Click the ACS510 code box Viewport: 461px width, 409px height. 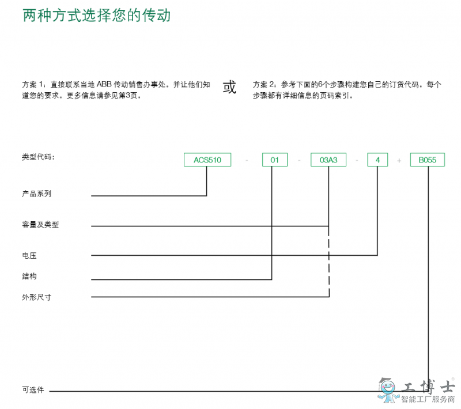coord(207,160)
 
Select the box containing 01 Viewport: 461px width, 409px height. coord(275,160)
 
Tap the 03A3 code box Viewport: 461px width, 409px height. coord(328,160)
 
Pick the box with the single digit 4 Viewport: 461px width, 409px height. coord(377,160)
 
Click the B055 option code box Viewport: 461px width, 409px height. coord(428,160)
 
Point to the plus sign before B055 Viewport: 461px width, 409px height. coord(399,161)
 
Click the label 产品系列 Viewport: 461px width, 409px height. coord(36,194)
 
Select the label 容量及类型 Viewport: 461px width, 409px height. coord(40,225)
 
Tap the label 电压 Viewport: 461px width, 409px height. coord(29,255)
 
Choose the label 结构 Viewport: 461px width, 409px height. coord(29,276)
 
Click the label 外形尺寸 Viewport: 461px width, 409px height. coord(36,297)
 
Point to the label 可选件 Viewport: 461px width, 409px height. coord(33,390)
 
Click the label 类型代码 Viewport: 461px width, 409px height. coord(38,157)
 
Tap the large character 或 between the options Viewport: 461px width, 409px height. coord(229,87)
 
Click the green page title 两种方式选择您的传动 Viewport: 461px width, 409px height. coord(97,16)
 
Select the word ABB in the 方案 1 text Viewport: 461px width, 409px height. coord(104,85)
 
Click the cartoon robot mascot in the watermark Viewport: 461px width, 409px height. coord(388,390)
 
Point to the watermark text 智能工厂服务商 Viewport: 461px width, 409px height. coord(428,399)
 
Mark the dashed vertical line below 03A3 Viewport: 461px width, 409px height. coord(329,262)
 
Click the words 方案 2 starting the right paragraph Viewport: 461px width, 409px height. coord(264,85)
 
